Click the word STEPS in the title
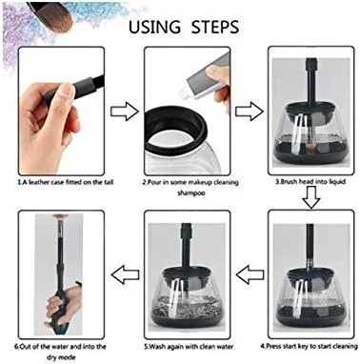point(215,27)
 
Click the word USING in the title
point(154,27)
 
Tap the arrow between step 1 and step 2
point(125,111)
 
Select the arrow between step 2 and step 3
point(250,111)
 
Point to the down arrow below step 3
point(310,197)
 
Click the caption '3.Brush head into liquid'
point(310,182)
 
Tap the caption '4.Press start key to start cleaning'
point(309,346)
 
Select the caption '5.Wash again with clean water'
point(189,346)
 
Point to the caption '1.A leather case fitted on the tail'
point(65,182)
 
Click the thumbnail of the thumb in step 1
point(68,92)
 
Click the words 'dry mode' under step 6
point(61,357)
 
